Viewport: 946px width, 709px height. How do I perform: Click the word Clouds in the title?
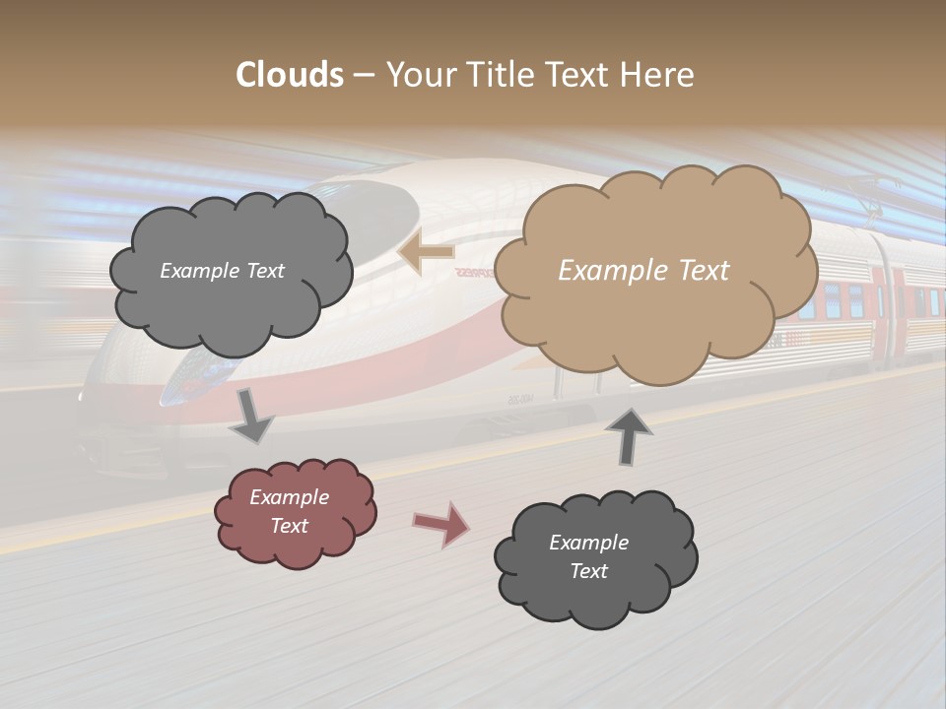click(x=290, y=75)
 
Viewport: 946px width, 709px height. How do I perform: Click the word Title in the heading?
click(x=498, y=75)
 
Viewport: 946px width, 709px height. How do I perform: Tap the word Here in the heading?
click(x=658, y=75)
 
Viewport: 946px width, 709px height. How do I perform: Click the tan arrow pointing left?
click(x=425, y=253)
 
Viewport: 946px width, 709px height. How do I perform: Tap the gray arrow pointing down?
click(x=252, y=416)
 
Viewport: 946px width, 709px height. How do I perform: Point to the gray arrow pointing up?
click(x=630, y=436)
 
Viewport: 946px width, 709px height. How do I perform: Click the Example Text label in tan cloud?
click(x=643, y=271)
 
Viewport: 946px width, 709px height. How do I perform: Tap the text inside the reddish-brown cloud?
click(x=290, y=512)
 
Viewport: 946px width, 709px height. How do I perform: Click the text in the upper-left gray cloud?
click(x=222, y=271)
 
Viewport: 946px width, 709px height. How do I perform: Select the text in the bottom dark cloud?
click(x=588, y=556)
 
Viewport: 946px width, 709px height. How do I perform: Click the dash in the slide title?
click(x=364, y=76)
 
